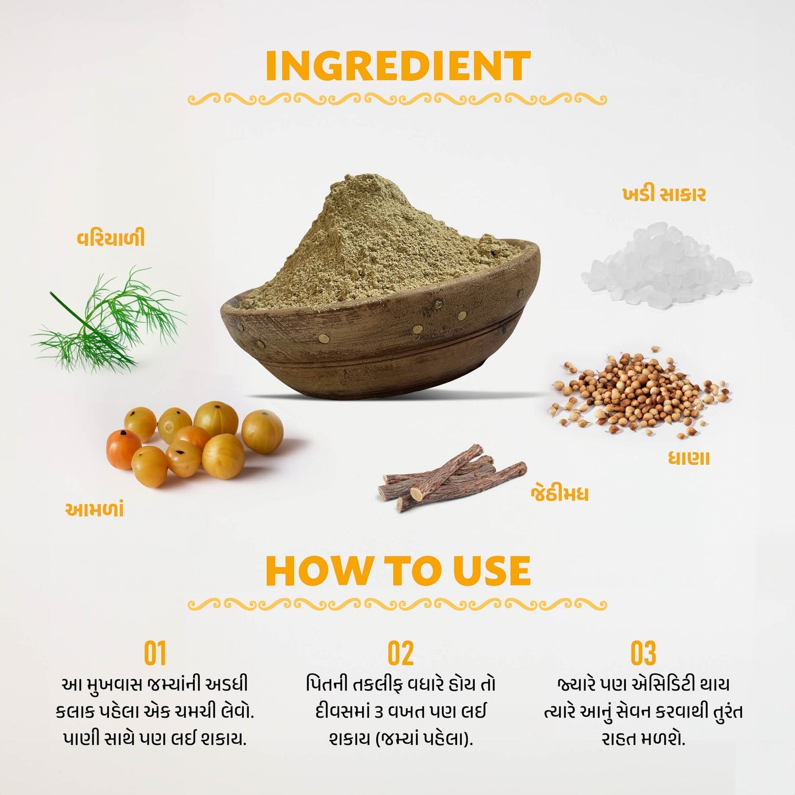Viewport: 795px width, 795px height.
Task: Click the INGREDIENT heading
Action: click(x=398, y=66)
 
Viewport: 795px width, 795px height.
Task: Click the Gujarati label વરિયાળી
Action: click(x=111, y=238)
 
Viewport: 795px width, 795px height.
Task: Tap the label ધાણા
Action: click(x=689, y=458)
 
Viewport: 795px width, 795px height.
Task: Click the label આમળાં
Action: click(x=95, y=510)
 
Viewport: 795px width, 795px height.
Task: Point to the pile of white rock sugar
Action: click(x=666, y=265)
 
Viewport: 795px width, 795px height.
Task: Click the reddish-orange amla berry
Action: click(x=123, y=449)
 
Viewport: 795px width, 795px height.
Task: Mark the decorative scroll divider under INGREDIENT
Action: click(x=397, y=99)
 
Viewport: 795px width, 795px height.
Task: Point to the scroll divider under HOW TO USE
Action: click(x=397, y=605)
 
